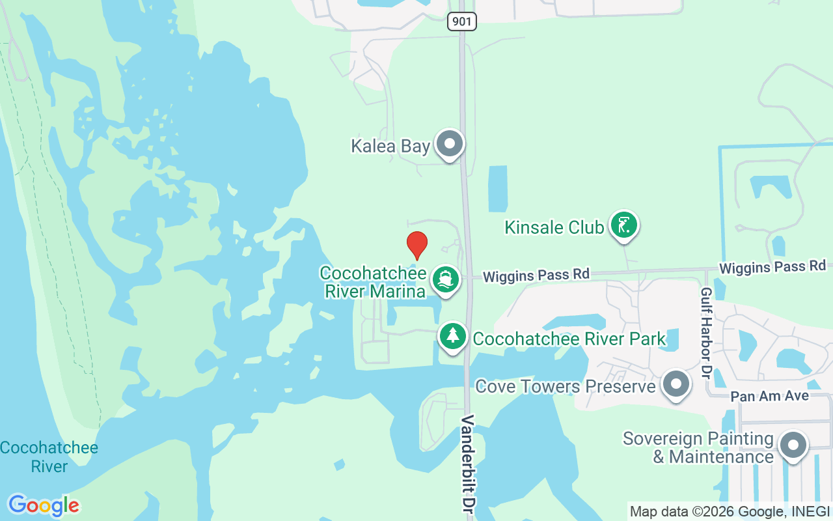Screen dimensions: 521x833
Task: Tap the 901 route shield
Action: point(461,21)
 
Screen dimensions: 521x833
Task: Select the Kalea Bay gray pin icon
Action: point(449,144)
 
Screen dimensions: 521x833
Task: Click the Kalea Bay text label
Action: point(390,146)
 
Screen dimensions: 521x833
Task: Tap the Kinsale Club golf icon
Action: point(624,225)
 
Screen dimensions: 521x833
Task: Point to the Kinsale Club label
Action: point(554,227)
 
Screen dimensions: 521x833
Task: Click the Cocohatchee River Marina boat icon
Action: point(445,279)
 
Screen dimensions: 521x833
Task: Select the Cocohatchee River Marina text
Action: point(374,282)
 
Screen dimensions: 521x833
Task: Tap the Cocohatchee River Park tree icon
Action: point(452,336)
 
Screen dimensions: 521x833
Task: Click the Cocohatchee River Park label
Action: point(569,339)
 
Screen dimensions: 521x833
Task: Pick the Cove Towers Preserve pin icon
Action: point(676,385)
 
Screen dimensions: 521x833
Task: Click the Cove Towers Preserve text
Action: point(566,386)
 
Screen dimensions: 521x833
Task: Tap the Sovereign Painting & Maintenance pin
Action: point(792,446)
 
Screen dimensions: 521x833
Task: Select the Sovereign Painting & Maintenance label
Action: point(698,447)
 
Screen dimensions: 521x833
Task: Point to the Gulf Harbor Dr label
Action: point(706,333)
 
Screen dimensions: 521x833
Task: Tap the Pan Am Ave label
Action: point(769,396)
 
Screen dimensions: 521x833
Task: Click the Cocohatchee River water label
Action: point(49,457)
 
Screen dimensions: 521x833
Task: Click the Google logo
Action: point(44,505)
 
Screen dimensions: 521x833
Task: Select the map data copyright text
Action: point(730,512)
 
